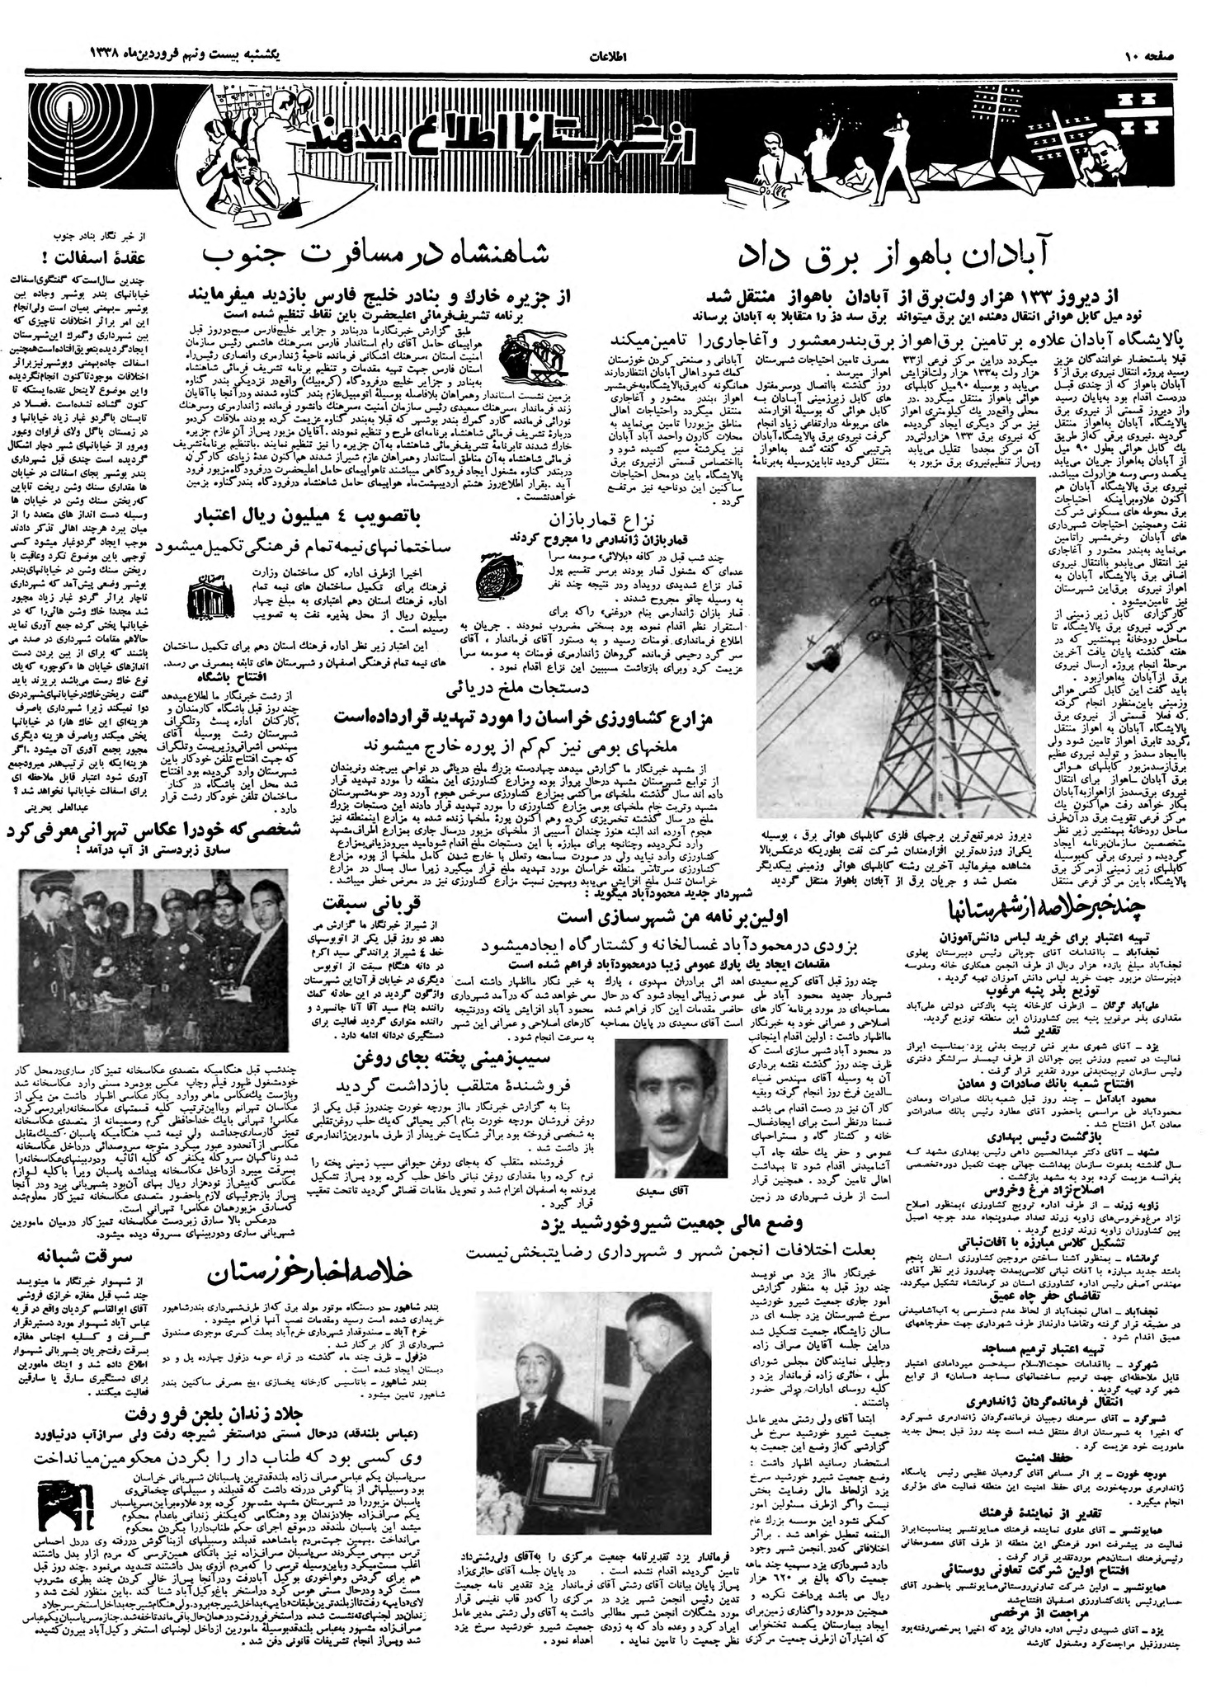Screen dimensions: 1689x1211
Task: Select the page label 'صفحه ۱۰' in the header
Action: [1152, 57]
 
